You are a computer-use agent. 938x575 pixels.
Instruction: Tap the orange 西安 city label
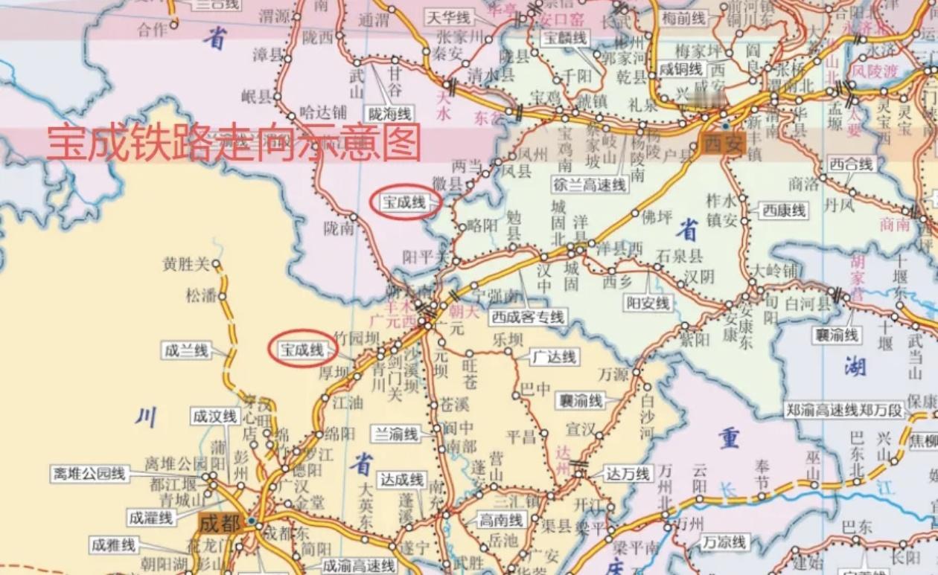(722, 146)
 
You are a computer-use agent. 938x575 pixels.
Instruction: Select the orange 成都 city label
(220, 523)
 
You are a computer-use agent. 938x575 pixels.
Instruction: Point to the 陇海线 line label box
(389, 114)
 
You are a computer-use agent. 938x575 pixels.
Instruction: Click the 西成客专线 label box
(528, 317)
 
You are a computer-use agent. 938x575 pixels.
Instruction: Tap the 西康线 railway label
(784, 211)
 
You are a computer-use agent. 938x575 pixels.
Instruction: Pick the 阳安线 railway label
(648, 303)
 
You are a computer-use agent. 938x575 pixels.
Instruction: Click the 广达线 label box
(555, 357)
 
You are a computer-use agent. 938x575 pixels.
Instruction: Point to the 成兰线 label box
(186, 350)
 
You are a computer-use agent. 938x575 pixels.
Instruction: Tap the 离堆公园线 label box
(89, 473)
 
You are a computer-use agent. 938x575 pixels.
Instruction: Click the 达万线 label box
(628, 473)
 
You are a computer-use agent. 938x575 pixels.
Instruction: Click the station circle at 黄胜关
(216, 263)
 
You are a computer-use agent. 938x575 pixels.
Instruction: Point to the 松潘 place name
(200, 295)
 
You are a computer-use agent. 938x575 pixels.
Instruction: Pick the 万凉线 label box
(725, 542)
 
